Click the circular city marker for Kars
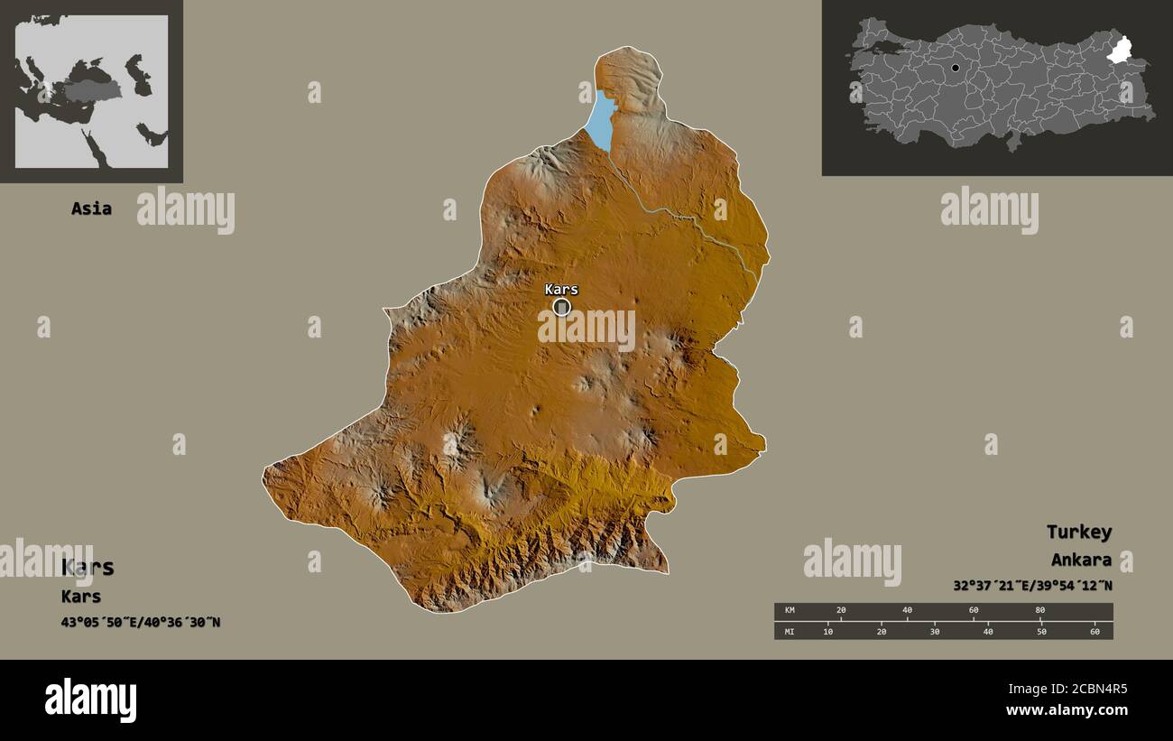(x=561, y=308)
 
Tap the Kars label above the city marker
(x=561, y=290)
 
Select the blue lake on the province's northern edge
(x=600, y=119)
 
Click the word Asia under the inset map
(x=91, y=208)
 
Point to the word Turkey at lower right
(x=1078, y=532)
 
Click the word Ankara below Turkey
(x=1081, y=560)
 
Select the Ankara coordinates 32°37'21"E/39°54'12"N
(x=1032, y=586)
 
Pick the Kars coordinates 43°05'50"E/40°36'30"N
(x=141, y=622)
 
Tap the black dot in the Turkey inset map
(x=955, y=68)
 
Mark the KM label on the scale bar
(x=789, y=611)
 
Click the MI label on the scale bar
(x=789, y=631)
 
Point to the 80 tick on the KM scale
(x=1039, y=611)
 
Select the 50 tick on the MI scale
(x=1041, y=631)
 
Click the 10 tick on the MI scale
(x=828, y=631)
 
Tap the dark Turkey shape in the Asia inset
(x=90, y=91)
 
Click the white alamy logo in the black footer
(x=91, y=700)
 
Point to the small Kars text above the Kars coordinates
(x=81, y=597)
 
